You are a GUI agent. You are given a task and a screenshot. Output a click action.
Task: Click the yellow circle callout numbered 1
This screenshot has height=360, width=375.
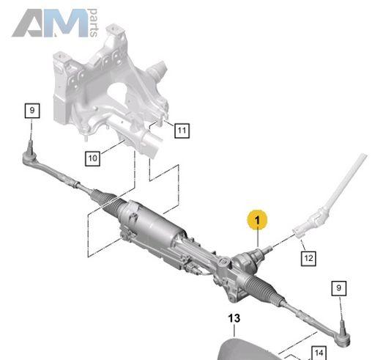click(x=257, y=220)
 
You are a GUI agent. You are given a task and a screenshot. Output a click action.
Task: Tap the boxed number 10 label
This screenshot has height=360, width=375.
click(x=92, y=158)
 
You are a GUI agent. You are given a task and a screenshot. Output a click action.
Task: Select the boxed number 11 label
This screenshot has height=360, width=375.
click(x=182, y=131)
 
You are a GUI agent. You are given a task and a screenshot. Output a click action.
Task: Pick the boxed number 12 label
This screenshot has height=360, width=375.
click(x=308, y=258)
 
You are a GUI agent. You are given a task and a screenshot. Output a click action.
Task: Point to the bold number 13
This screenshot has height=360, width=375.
click(x=234, y=318)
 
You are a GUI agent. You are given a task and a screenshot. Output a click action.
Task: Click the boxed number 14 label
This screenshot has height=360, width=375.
click(x=319, y=353)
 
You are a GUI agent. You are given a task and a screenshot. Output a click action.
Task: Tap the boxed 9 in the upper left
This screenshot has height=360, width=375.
click(x=32, y=111)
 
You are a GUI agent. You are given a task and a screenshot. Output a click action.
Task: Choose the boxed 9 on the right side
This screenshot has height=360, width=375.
click(x=339, y=288)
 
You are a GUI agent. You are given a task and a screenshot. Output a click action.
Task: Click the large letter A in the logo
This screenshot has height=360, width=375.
click(x=28, y=23)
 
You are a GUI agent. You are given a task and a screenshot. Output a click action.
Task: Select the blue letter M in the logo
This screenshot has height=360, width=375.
click(x=66, y=23)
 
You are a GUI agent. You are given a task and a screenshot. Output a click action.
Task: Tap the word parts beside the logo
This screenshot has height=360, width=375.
click(x=94, y=23)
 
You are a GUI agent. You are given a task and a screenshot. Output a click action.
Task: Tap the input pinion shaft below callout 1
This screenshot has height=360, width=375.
click(x=265, y=251)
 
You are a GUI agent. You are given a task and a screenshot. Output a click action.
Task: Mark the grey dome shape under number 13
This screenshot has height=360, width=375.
click(x=249, y=349)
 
